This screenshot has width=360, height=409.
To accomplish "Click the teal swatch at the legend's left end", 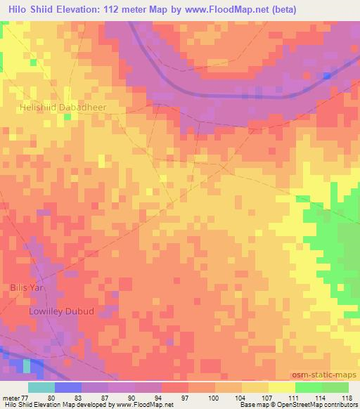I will [41, 387].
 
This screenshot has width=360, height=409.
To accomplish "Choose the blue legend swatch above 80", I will [67, 387].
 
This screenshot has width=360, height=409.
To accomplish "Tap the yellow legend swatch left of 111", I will [281, 387].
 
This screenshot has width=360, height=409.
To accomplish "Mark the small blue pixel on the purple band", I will [327, 75].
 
